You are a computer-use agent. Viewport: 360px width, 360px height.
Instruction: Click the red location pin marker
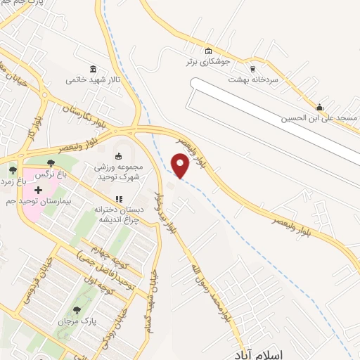pyautogui.click(x=181, y=165)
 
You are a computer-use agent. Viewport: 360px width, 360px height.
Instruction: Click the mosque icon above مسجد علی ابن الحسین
pyautogui.click(x=320, y=108)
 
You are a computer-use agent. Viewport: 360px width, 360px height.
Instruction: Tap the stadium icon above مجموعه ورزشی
pyautogui.click(x=119, y=155)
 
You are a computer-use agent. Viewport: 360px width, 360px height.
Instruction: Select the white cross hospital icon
pyautogui.click(x=38, y=190)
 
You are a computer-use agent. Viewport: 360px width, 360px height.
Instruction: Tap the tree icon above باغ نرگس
pyautogui.click(x=51, y=165)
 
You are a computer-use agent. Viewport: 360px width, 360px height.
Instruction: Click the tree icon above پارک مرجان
pyautogui.click(x=76, y=310)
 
